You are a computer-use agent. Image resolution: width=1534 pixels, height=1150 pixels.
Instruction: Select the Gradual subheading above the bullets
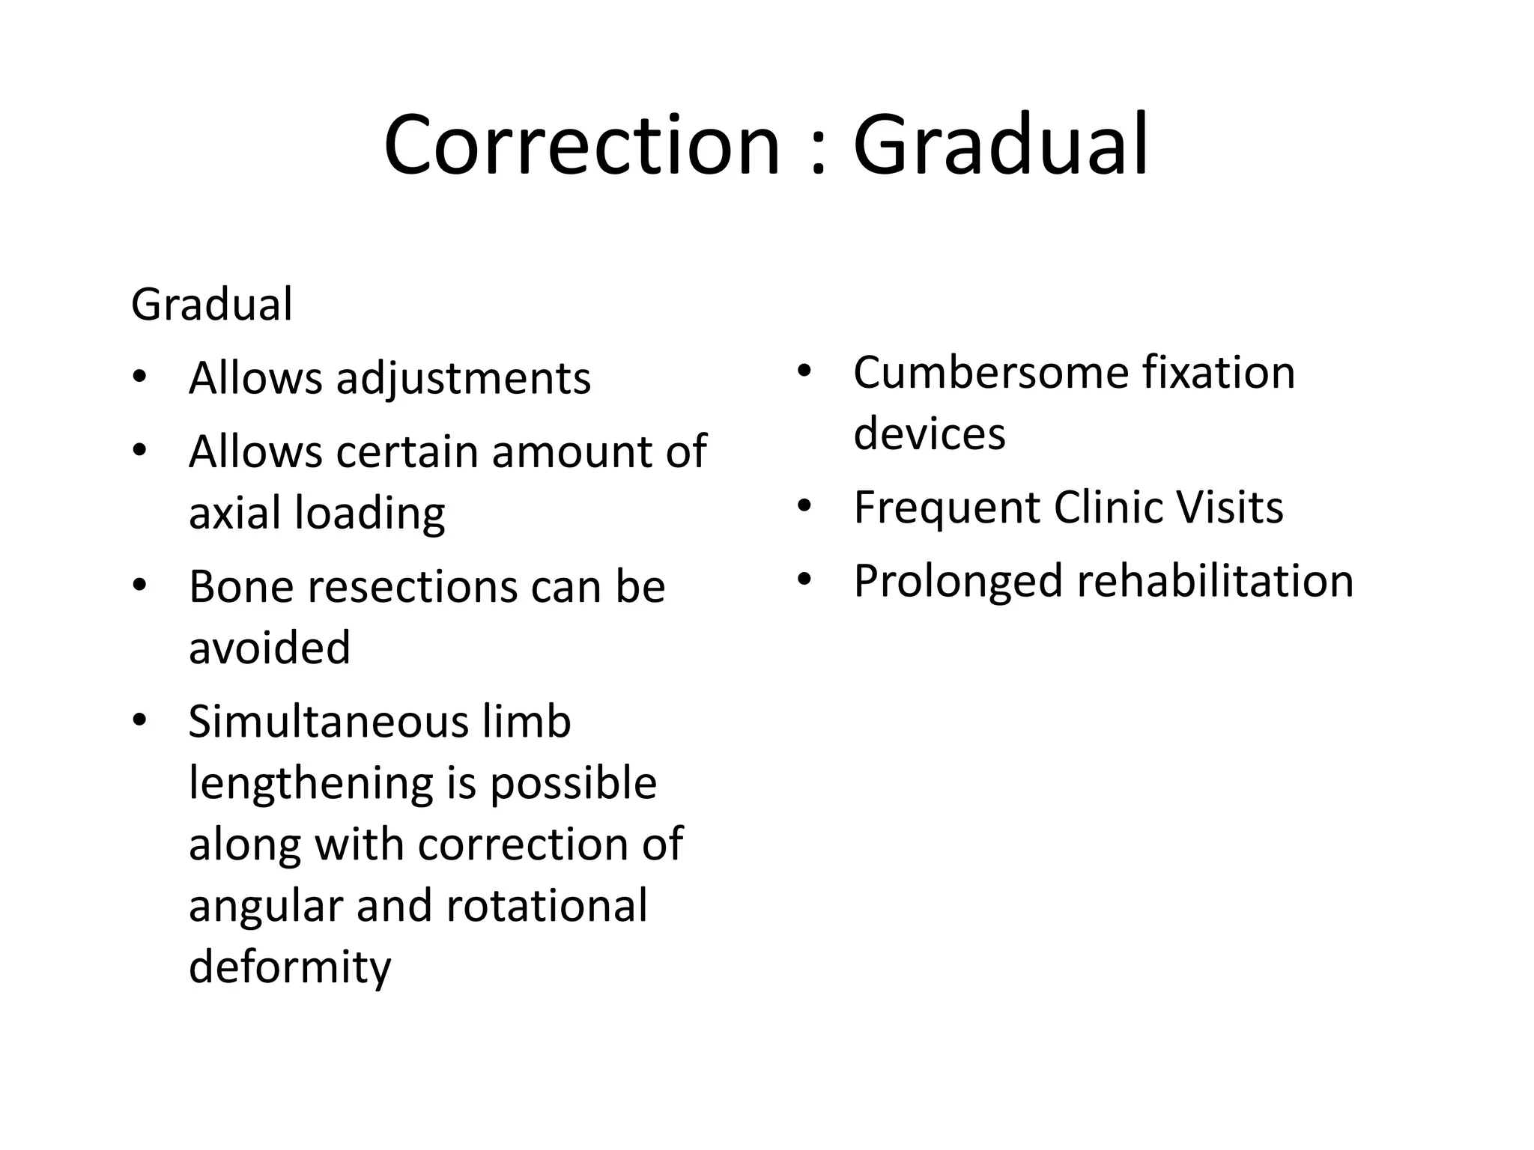pos(211,305)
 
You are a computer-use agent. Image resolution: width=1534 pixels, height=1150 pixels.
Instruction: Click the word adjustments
pos(464,379)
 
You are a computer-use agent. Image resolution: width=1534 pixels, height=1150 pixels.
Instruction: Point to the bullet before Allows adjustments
pos(139,377)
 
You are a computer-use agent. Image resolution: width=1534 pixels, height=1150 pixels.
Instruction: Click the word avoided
pos(270,648)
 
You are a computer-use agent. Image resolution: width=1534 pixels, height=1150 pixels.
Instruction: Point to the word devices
pos(929,433)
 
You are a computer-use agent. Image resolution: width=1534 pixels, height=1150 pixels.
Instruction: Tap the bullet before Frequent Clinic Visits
pos(804,507)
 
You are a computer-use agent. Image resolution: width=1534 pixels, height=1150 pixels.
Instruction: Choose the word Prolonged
pos(958,582)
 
